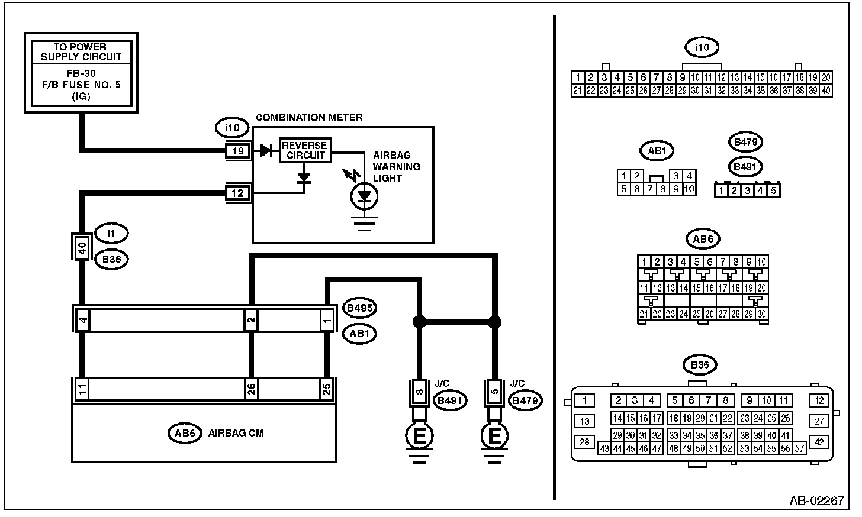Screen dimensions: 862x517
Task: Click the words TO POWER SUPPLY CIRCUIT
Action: tap(81, 52)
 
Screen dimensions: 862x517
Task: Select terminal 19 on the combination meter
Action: tap(238, 151)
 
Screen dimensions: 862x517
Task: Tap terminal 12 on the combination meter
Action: tap(238, 193)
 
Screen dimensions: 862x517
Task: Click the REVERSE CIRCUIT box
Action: tap(305, 150)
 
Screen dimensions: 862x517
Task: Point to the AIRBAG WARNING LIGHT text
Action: tap(397, 167)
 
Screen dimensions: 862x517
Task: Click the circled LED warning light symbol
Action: tap(364, 196)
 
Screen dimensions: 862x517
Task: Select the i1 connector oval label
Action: tap(111, 233)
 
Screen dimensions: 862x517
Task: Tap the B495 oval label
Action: tap(360, 308)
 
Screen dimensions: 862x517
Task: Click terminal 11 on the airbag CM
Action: tap(82, 389)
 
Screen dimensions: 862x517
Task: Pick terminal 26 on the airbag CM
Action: tap(251, 389)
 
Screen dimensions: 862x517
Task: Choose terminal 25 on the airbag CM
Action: tap(326, 389)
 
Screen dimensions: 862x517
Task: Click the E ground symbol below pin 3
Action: tap(419, 436)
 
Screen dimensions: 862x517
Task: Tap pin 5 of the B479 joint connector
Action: tap(494, 392)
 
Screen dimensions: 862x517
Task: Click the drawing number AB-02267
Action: tap(816, 500)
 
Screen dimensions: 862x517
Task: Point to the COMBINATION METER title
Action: tap(309, 118)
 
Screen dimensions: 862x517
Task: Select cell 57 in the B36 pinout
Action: tap(799, 448)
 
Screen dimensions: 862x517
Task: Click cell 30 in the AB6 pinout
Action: tap(761, 314)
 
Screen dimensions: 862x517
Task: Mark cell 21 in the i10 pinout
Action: tap(578, 91)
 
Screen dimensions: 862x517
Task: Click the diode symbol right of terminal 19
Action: tap(266, 150)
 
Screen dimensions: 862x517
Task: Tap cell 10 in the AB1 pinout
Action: tap(689, 189)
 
